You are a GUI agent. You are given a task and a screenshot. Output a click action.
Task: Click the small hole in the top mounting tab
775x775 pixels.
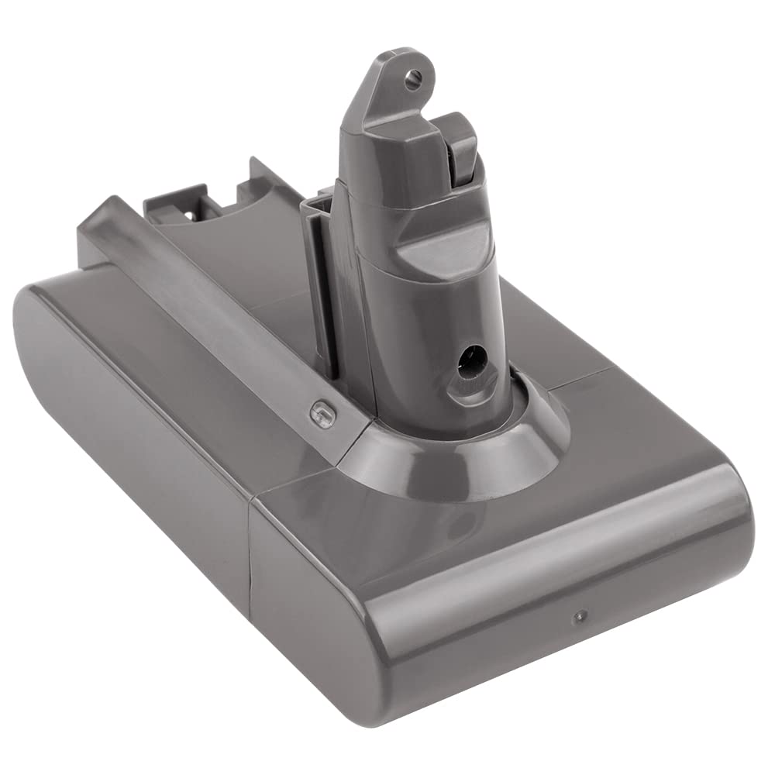(413, 76)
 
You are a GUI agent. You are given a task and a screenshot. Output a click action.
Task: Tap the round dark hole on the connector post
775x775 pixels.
(472, 361)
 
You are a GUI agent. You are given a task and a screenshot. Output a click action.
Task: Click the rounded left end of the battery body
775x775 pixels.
(46, 372)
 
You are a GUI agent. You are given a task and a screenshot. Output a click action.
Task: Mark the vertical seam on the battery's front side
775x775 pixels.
(250, 566)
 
